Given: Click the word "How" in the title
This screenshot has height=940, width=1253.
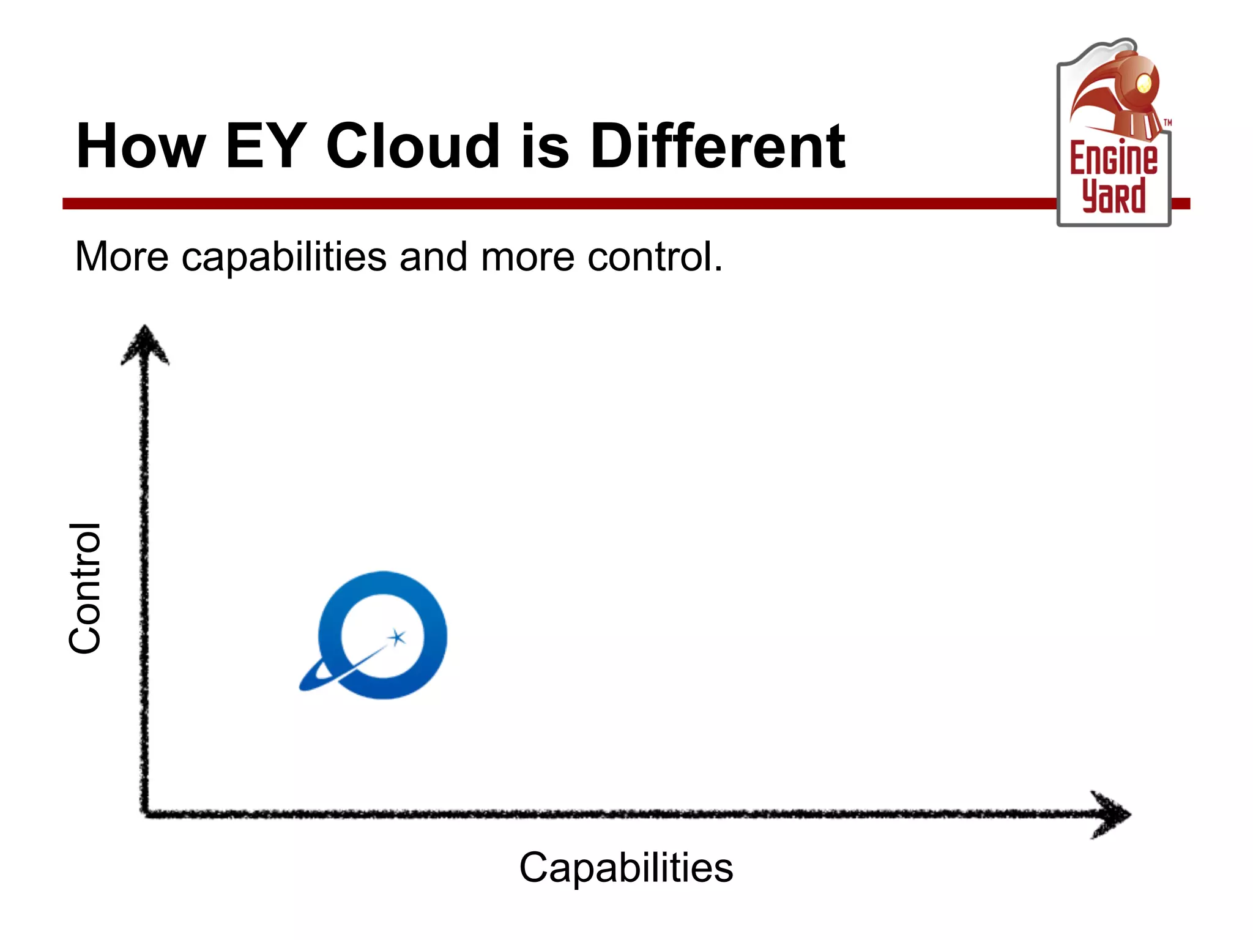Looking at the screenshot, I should click(140, 146).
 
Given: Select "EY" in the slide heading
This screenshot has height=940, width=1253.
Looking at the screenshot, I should click(265, 146).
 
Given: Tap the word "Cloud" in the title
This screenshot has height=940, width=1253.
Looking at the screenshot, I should click(414, 146).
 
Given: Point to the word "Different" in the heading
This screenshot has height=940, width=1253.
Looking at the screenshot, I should click(717, 146).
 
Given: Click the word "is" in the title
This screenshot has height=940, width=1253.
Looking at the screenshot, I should click(545, 146).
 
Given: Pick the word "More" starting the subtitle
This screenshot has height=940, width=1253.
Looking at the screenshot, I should click(121, 256).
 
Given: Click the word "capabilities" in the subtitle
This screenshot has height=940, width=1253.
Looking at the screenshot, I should click(284, 258).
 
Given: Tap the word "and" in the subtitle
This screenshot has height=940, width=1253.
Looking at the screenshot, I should click(433, 256).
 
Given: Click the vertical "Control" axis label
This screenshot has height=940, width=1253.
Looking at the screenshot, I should click(85, 589).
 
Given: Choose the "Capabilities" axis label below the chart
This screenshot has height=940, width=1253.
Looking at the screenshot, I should click(626, 868).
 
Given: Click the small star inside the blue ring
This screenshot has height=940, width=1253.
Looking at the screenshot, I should click(398, 637).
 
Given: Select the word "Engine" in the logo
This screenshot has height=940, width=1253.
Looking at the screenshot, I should click(1114, 158).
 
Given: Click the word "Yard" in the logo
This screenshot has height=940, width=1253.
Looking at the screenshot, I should click(1114, 196).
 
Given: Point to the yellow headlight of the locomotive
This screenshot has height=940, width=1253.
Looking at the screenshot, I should click(1143, 83).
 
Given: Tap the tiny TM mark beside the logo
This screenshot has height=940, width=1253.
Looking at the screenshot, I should click(1167, 123).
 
